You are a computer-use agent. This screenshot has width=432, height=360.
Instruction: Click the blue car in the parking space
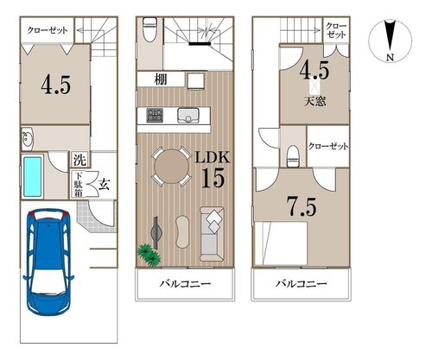(x=48, y=262)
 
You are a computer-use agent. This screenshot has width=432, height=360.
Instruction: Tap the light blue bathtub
(x=32, y=176)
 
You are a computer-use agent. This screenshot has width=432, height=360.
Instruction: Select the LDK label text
(x=213, y=158)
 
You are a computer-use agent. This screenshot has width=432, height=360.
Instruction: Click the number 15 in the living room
(x=213, y=177)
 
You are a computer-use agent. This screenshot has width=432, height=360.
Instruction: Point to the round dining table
(x=171, y=167)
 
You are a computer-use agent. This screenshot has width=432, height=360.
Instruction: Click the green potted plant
(x=149, y=255)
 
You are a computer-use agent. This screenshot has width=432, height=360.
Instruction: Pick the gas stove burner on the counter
(x=155, y=116)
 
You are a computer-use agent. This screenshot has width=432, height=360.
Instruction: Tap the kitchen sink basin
(x=188, y=116)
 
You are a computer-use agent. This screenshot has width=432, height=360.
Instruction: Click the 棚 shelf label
(x=161, y=79)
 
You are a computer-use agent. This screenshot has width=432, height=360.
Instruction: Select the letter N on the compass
(x=390, y=58)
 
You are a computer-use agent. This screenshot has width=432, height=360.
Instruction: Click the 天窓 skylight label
(x=315, y=101)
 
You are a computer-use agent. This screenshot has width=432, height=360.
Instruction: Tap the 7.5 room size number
(x=302, y=206)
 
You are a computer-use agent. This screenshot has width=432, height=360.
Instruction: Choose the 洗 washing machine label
(x=79, y=160)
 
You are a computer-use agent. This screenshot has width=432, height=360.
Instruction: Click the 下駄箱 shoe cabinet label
(x=78, y=184)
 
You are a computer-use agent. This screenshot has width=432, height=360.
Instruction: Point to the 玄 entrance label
(x=104, y=185)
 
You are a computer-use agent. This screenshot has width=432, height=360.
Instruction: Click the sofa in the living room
(x=213, y=234)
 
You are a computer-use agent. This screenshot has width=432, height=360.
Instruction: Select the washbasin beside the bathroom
(x=28, y=139)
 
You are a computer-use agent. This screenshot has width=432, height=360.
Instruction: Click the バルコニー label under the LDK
(x=185, y=284)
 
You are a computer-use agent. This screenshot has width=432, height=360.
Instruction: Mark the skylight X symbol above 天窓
(x=315, y=86)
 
